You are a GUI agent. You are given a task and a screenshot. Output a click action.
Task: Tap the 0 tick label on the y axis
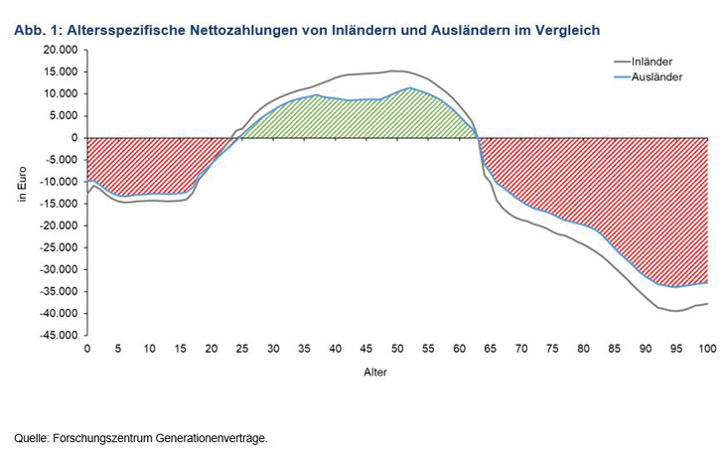pos(74,138)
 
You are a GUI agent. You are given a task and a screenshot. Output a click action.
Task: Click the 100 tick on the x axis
pos(707,350)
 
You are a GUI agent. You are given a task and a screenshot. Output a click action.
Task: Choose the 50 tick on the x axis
pos(397,350)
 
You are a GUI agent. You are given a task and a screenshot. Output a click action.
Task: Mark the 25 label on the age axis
pos(242,350)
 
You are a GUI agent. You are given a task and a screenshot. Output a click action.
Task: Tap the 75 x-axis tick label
pos(552,350)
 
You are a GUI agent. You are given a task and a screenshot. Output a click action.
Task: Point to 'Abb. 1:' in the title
pos(38,31)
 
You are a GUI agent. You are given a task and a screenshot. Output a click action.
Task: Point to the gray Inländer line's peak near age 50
pos(394,71)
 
